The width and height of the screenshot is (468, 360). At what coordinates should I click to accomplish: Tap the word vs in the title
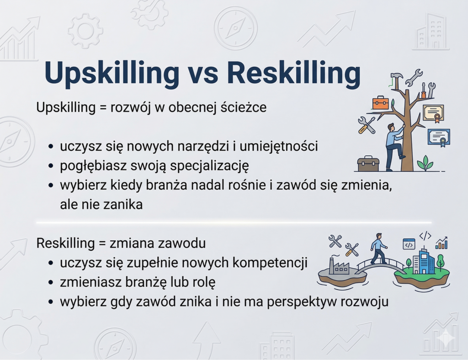click(203, 76)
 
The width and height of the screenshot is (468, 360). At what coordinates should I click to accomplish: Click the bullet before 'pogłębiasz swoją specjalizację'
click(51, 166)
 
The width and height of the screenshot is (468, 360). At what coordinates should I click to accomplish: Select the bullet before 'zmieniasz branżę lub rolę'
click(51, 282)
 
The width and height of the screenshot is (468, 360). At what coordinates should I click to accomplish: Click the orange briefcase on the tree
click(380, 102)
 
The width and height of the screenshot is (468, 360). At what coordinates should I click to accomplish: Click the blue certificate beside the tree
click(439, 138)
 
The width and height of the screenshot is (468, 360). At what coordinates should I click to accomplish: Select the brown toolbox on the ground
click(368, 164)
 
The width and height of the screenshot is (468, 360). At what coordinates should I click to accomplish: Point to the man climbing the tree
click(394, 147)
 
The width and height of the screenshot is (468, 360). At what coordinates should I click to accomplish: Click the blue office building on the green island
click(424, 261)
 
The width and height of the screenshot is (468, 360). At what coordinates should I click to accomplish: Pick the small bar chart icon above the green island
click(442, 243)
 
